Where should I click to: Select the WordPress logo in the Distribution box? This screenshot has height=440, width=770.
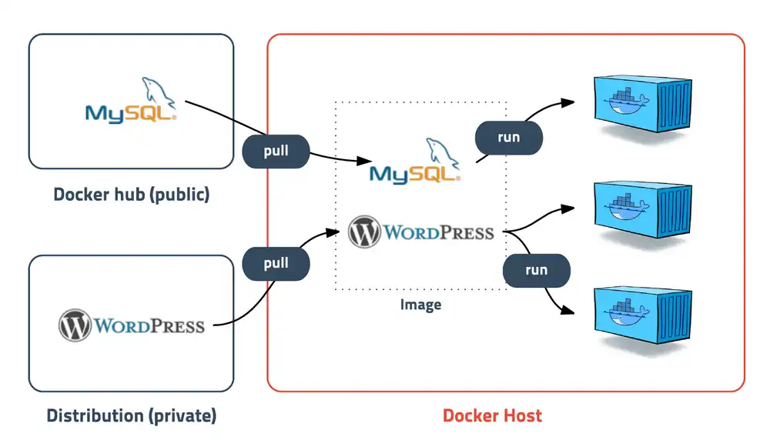132,325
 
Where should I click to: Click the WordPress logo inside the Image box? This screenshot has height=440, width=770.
420,232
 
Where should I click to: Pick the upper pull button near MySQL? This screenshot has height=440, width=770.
276,151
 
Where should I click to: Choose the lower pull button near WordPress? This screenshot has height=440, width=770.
276,264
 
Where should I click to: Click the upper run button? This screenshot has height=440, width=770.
509,138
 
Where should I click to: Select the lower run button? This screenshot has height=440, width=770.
536,270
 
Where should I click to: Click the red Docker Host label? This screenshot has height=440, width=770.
492,416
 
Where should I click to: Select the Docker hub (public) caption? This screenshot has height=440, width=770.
131,195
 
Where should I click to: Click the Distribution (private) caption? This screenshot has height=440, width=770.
132,416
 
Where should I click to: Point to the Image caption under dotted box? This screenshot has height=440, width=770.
420,305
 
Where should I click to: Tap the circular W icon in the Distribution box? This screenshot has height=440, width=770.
75,325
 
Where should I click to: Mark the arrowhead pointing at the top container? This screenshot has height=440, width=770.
569,101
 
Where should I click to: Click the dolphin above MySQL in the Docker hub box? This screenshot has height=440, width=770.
158,90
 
